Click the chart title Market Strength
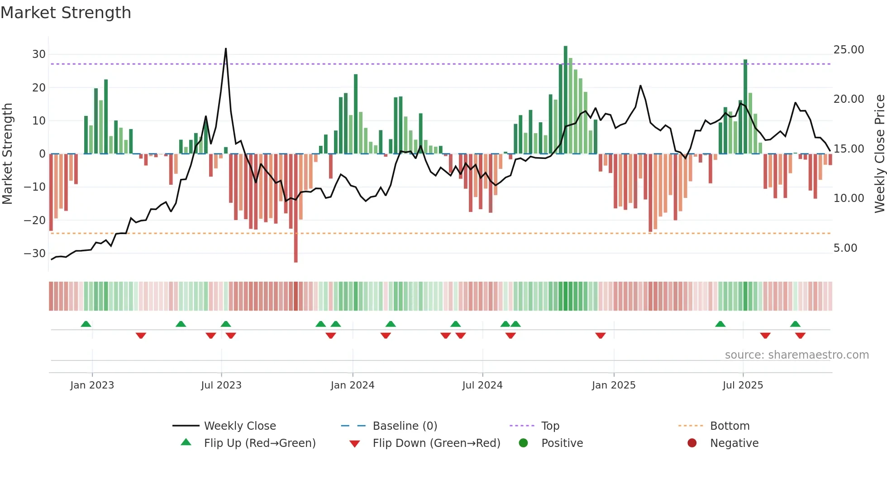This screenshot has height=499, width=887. [66, 13]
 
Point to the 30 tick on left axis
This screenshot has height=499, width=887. [39, 54]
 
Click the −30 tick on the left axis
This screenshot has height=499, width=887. [35, 254]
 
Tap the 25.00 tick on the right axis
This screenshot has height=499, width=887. [849, 50]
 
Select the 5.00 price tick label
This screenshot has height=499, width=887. [845, 248]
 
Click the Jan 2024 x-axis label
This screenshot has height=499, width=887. [353, 385]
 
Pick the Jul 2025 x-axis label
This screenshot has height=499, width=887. [743, 385]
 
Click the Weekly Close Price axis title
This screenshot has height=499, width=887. [879, 154]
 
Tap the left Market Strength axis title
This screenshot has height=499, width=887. [7, 154]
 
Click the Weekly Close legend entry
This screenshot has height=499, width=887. [239, 426]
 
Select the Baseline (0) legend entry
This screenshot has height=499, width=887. [405, 426]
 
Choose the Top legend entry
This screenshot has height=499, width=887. [550, 426]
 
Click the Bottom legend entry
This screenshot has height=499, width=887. [730, 426]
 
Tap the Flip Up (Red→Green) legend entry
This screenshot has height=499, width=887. [259, 443]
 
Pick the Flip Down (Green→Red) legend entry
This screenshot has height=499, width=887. [436, 443]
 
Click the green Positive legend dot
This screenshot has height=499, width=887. [524, 443]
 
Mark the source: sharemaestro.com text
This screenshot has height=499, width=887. [796, 355]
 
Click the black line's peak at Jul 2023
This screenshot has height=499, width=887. [226, 49]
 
